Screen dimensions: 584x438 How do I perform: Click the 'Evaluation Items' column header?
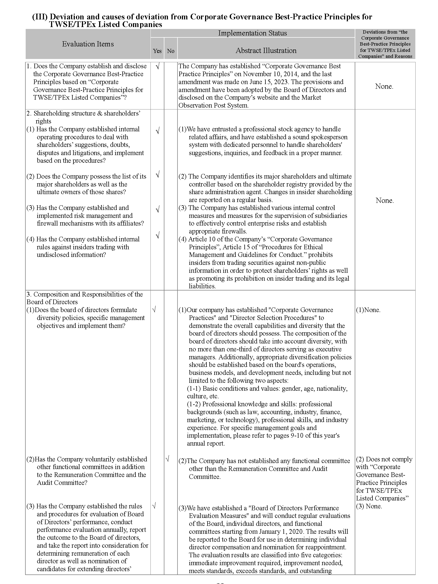tap(88, 44)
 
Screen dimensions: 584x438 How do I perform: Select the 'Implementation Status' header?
tap(252, 33)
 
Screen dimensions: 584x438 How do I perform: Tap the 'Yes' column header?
tap(157, 51)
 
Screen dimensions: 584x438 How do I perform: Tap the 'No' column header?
tap(171, 51)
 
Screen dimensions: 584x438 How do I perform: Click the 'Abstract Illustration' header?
tap(266, 51)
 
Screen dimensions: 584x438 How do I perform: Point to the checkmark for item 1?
tap(158, 66)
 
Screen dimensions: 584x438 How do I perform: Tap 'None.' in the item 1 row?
tap(384, 87)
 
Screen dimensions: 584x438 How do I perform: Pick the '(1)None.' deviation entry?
tap(368, 310)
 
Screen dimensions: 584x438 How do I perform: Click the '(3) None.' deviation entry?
tap(369, 506)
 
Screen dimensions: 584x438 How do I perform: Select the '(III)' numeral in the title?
tap(40, 17)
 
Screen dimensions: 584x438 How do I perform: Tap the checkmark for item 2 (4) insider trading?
tap(158, 236)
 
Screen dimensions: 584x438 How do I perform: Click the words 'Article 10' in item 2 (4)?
tap(201, 239)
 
